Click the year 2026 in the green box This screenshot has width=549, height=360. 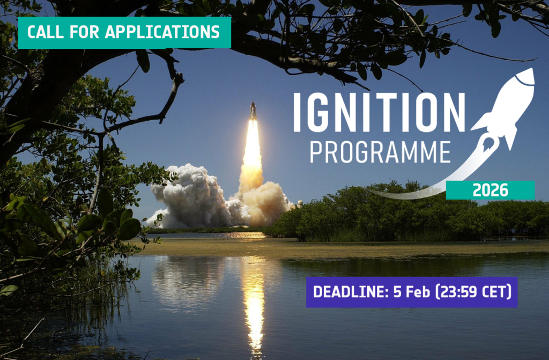490,190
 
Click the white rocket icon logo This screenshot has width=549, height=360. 504,107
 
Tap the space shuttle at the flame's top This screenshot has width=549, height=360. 253,112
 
